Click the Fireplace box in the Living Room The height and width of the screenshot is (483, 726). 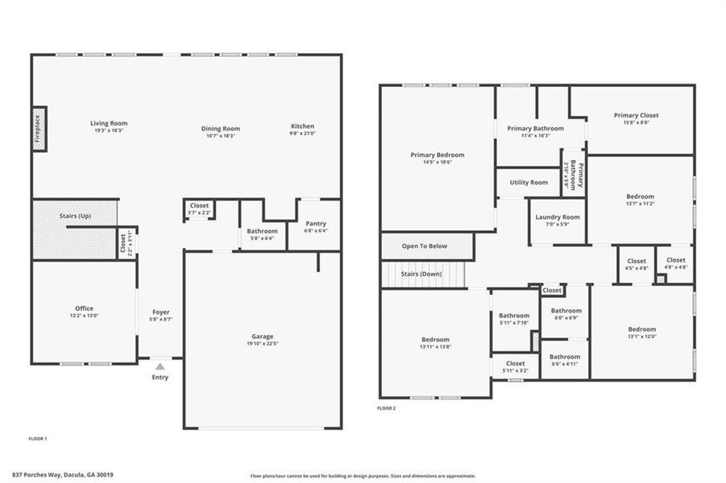(x=38, y=128)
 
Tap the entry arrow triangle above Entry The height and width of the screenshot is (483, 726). (x=160, y=365)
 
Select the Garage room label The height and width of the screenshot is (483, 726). (x=262, y=336)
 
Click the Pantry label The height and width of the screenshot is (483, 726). (x=315, y=224)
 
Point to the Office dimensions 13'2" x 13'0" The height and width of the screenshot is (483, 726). (x=85, y=316)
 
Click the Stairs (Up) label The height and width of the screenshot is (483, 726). (x=75, y=216)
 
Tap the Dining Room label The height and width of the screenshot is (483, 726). (x=221, y=128)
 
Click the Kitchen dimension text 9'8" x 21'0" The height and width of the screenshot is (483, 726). (x=302, y=135)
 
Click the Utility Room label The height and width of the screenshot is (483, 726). (x=529, y=183)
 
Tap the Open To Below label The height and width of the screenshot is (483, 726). (x=425, y=246)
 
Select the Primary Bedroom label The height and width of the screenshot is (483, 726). (x=437, y=155)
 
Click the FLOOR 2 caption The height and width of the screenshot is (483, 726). (x=387, y=408)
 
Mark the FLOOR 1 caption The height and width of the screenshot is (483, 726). (x=38, y=439)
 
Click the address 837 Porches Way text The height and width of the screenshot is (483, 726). (x=63, y=475)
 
